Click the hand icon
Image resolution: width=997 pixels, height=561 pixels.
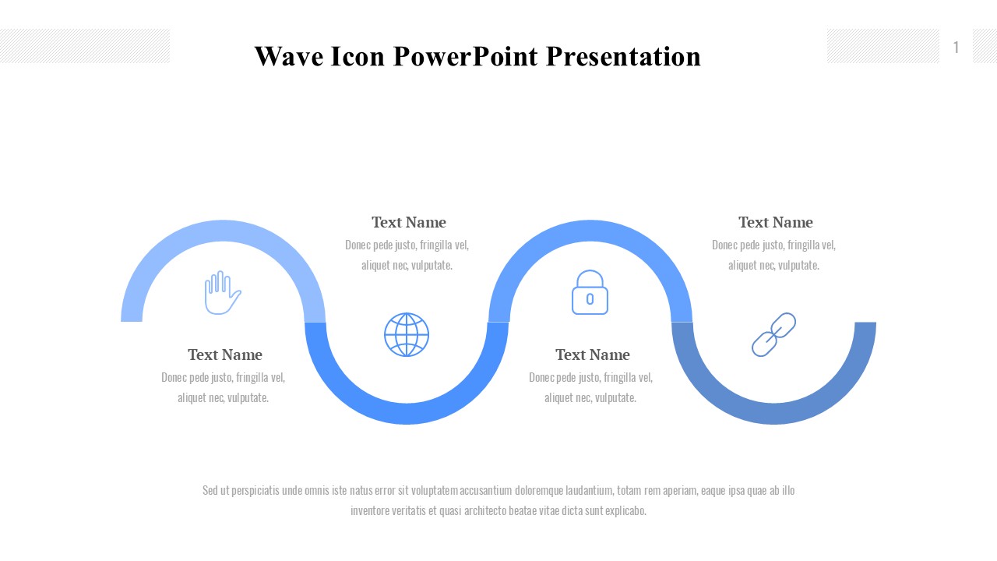223,292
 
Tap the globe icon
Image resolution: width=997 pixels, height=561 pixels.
407,334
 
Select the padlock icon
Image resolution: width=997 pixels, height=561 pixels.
590,292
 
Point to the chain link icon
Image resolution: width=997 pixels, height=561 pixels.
773,334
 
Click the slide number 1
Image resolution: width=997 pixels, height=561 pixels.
956,48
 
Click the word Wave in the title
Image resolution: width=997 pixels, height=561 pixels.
289,57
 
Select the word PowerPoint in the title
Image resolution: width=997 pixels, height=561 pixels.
466,57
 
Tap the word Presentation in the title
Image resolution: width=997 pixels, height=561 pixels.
623,57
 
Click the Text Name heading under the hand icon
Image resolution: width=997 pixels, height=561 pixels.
225,355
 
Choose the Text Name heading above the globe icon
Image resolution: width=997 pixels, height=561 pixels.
409,222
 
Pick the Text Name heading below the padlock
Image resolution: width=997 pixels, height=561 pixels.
593,355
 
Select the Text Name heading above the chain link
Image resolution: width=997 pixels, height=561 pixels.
776,222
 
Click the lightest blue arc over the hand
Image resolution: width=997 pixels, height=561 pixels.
223,231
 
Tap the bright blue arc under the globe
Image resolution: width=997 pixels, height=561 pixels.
407,414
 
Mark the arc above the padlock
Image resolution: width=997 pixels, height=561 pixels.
590,231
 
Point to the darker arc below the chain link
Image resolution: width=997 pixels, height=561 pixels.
773,414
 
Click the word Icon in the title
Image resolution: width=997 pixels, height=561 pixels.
358,57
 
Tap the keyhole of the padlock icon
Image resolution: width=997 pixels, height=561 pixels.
590,299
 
